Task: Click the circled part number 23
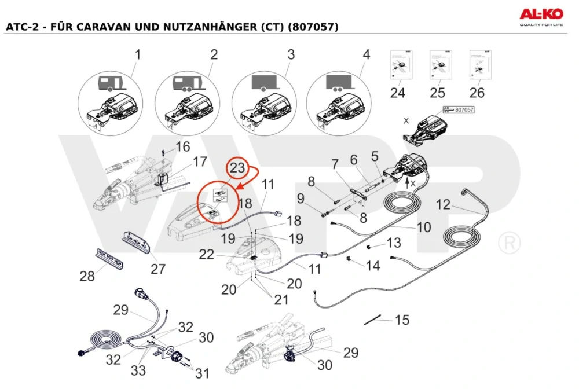coord(238,168)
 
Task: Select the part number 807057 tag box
coord(459,109)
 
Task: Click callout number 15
coord(402,320)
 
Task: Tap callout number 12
coord(442,205)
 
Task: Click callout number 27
coord(157,269)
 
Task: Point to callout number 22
coord(223,254)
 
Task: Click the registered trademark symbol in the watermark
coord(509,243)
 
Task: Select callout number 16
coord(182,147)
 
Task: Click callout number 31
coord(201,374)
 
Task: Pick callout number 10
coord(424,227)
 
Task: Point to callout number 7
coord(334,166)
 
